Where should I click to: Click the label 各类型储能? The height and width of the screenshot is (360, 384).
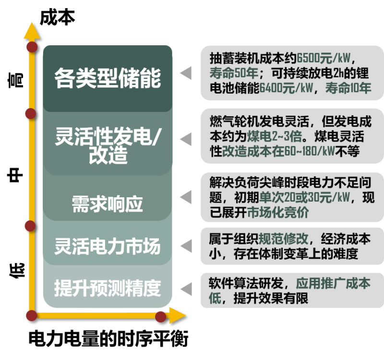[108, 78]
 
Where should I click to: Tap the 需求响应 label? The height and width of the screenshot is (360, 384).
[108, 204]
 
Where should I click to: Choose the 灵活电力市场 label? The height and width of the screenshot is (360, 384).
[108, 247]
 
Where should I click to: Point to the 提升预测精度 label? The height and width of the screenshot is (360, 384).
[108, 288]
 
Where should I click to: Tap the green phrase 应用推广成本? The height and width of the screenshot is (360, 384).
[333, 283]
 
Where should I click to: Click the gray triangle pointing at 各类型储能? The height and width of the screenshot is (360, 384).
[186, 73]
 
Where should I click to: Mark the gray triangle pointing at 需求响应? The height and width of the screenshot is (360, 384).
[186, 197]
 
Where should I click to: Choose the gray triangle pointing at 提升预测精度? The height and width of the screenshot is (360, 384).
[186, 289]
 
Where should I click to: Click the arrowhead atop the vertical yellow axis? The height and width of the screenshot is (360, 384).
[31, 29]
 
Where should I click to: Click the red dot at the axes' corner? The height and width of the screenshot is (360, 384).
[32, 315]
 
